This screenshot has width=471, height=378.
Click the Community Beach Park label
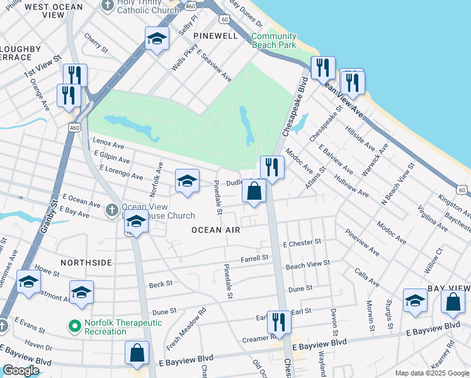(273, 41)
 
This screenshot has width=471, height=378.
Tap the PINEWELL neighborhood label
(216, 36)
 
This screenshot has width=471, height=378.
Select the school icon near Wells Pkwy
(157, 40)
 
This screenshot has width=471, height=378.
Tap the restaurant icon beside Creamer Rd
(278, 323)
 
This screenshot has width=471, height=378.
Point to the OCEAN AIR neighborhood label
(216, 231)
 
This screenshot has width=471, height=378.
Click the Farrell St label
(254, 258)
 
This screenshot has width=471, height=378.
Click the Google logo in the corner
(20, 370)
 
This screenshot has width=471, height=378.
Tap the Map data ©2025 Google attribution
(431, 373)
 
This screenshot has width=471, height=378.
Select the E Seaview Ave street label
(213, 66)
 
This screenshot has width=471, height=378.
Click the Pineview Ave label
(363, 243)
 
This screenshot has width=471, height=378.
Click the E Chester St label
(302, 243)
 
